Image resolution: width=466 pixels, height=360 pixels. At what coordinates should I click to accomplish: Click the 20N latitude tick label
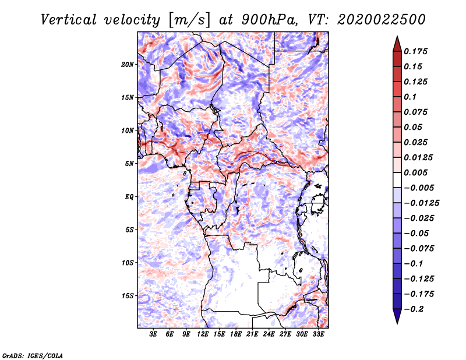[x=127, y=65]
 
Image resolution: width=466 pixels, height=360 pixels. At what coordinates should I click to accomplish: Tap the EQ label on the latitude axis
[x=129, y=197]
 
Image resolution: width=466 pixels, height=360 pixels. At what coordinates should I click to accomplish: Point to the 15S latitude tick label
[x=127, y=296]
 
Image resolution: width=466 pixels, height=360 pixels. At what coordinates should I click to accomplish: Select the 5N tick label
[x=129, y=164]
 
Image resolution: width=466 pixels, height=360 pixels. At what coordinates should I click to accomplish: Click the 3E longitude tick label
[x=153, y=334]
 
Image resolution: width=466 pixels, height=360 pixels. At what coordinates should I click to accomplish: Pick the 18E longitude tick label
[x=236, y=334]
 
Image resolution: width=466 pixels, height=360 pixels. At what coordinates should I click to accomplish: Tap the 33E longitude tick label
[x=318, y=334]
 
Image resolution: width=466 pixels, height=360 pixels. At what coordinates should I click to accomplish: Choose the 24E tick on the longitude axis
[x=269, y=334]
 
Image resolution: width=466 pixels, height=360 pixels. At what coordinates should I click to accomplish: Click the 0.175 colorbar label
[x=415, y=51]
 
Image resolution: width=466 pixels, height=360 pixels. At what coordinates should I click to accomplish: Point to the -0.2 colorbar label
[x=414, y=309]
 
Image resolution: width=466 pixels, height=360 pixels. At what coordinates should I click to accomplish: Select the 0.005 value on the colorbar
[x=415, y=172]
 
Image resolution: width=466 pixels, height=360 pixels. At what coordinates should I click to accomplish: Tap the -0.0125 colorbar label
[x=421, y=203]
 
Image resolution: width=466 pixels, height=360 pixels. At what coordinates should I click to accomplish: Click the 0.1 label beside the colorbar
[x=410, y=97]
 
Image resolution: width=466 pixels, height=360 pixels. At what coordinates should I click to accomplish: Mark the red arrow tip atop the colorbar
[x=397, y=36]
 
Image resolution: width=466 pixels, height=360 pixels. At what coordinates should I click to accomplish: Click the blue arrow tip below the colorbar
[x=397, y=323]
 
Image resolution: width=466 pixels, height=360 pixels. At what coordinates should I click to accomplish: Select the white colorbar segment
[x=397, y=180]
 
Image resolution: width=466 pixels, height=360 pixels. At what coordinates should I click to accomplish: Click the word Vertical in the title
[x=69, y=20]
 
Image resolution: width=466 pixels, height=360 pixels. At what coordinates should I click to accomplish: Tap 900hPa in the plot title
[x=269, y=20]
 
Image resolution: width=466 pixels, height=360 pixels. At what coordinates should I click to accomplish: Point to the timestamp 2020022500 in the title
[x=382, y=20]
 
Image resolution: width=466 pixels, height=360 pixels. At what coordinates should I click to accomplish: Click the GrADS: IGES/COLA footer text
[x=33, y=355]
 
